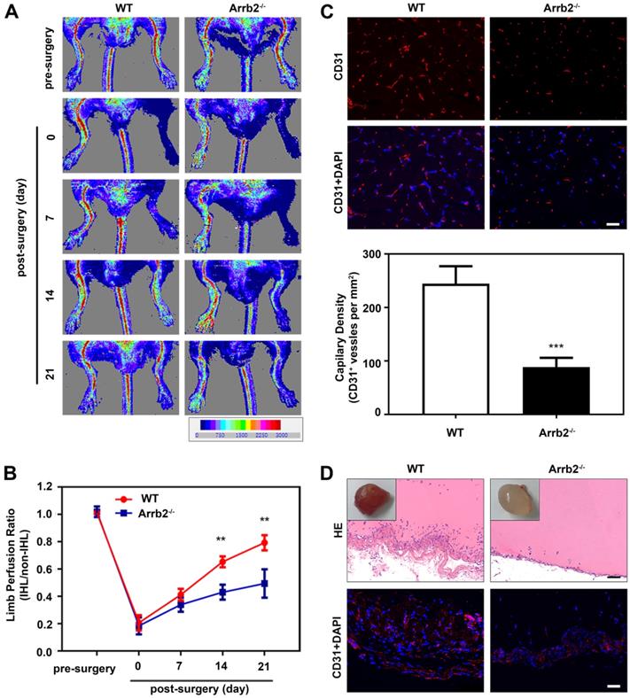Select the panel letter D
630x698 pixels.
[x=328, y=472]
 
